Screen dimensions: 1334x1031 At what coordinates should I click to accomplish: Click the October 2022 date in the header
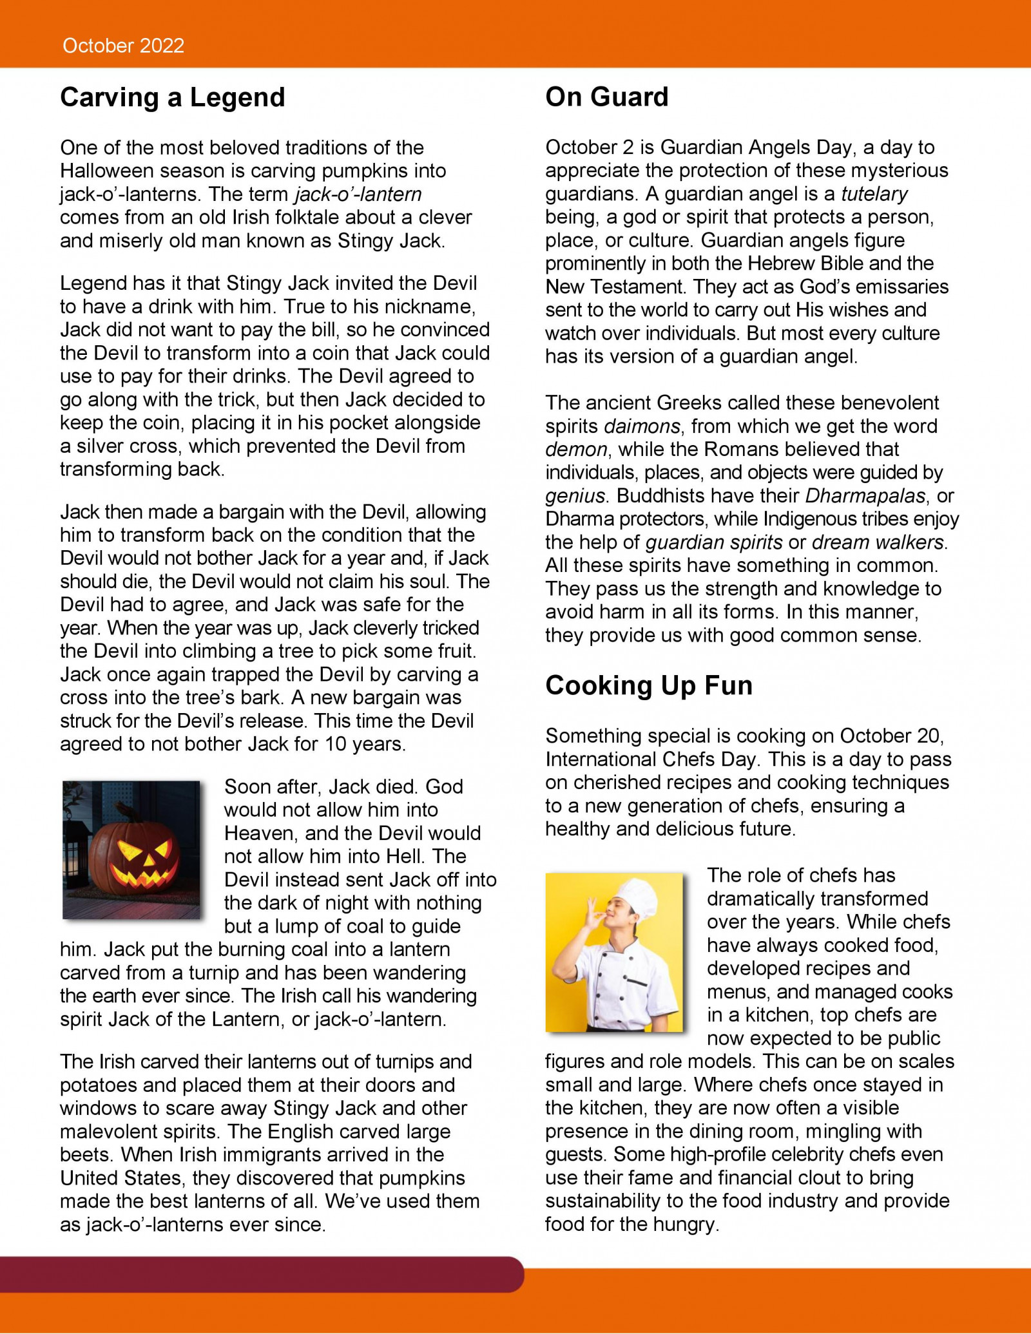click(x=123, y=46)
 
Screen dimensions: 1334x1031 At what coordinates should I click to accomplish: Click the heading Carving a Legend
click(x=172, y=98)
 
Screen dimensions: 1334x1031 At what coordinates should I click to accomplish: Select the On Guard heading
click(x=606, y=97)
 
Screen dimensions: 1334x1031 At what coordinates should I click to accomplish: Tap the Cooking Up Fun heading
click(x=648, y=685)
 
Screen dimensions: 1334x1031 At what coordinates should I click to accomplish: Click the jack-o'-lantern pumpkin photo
click(x=131, y=849)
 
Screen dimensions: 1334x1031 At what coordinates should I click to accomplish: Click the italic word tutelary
click(x=874, y=194)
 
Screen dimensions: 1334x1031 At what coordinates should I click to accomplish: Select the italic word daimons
click(x=642, y=426)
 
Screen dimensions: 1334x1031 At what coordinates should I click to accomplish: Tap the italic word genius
click(x=575, y=496)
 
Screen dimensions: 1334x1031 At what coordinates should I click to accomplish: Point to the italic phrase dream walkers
click(x=878, y=542)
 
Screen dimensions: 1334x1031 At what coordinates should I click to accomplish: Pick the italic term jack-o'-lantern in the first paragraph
click(x=358, y=195)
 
